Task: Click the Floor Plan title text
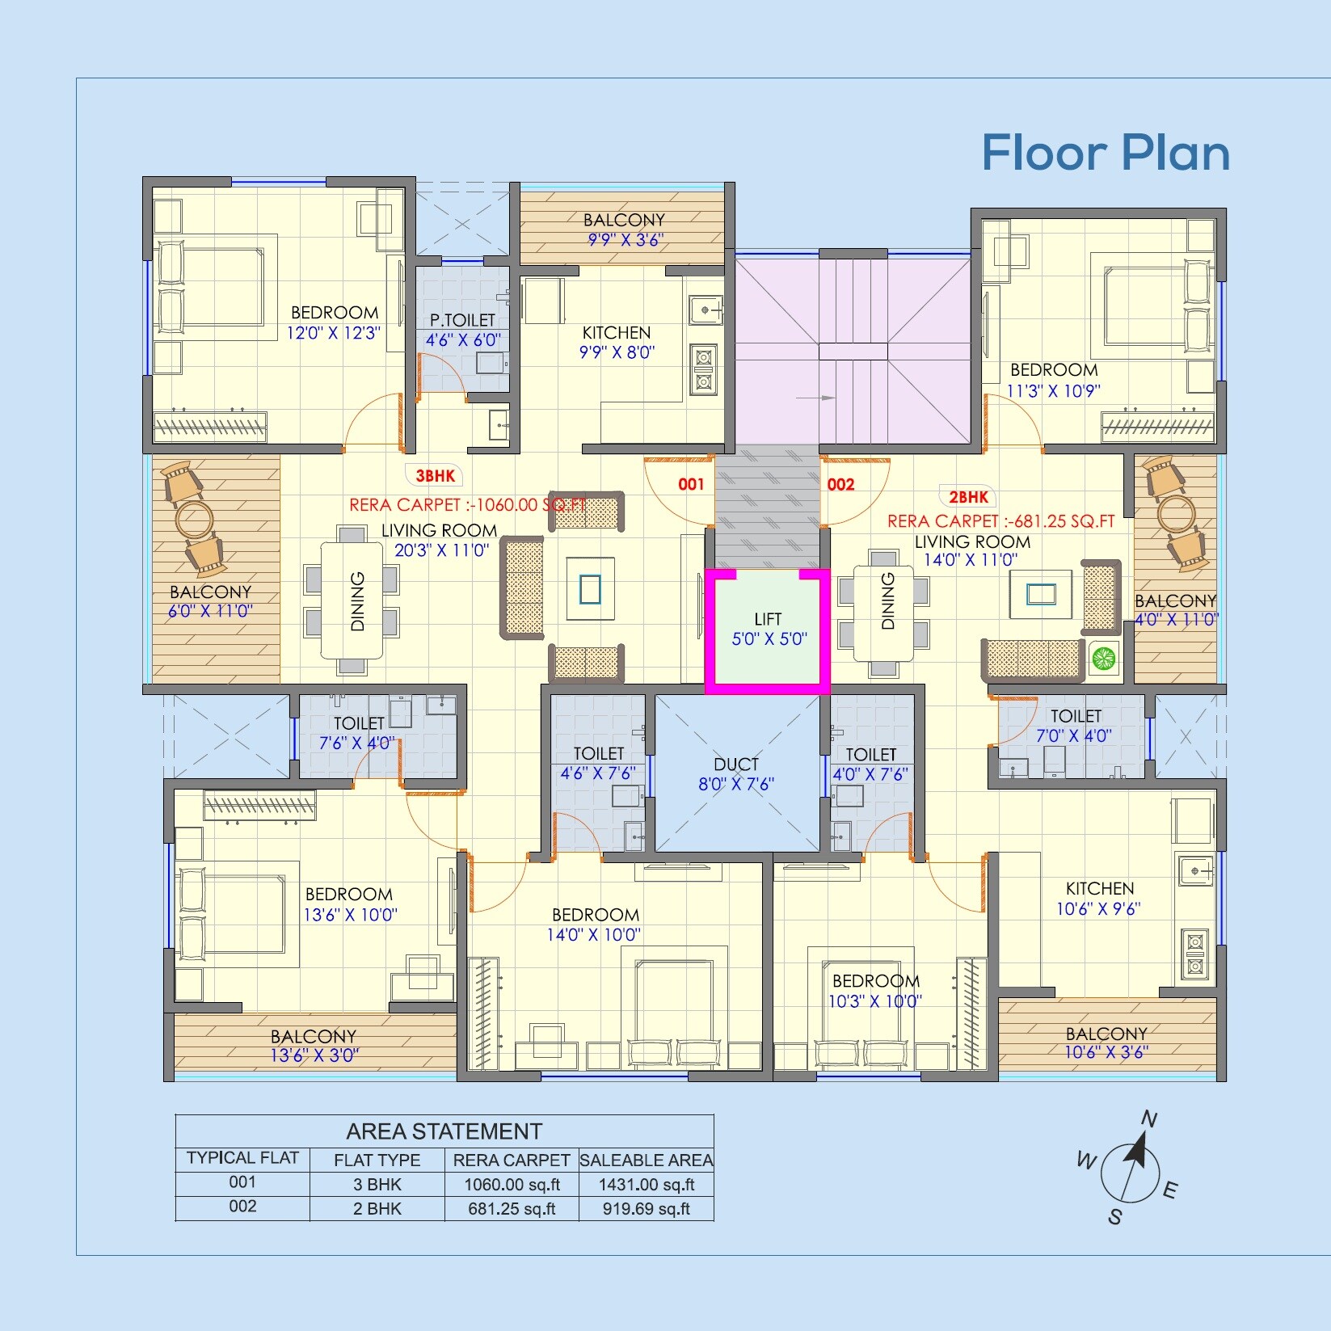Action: pyautogui.click(x=1105, y=153)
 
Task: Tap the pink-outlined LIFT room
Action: pyautogui.click(x=767, y=630)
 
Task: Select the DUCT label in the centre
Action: pyautogui.click(x=735, y=764)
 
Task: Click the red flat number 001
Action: pyautogui.click(x=691, y=484)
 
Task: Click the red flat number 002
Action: pyautogui.click(x=840, y=484)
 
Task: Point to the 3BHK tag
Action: pyautogui.click(x=435, y=476)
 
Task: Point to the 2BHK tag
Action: pyautogui.click(x=968, y=497)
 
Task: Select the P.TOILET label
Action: pyautogui.click(x=462, y=321)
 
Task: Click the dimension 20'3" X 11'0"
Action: pyautogui.click(x=442, y=551)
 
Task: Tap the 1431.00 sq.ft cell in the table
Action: pyautogui.click(x=647, y=1185)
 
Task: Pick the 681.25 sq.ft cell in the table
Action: pyautogui.click(x=512, y=1209)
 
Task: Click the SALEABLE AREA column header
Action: pyautogui.click(x=647, y=1160)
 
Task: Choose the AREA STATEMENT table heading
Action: pyautogui.click(x=444, y=1131)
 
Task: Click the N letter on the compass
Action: pyautogui.click(x=1148, y=1119)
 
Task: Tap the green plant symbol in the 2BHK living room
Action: pyautogui.click(x=1103, y=659)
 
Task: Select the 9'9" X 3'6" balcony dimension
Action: pyautogui.click(x=625, y=240)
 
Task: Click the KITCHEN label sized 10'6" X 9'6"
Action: pyautogui.click(x=1099, y=888)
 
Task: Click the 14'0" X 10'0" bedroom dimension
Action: pyautogui.click(x=594, y=935)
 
